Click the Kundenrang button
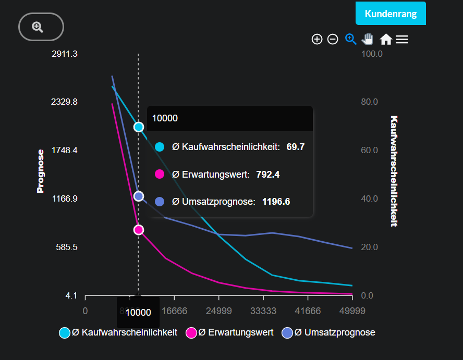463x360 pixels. [391, 14]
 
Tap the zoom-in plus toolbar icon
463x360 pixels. [317, 39]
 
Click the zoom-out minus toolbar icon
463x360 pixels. [333, 39]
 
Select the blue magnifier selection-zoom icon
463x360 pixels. [350, 39]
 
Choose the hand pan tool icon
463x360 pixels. [368, 39]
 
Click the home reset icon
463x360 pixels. [386, 39]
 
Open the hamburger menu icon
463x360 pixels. [401, 39]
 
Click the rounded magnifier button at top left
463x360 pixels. [41, 27]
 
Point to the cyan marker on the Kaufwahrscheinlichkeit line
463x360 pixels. [139, 127]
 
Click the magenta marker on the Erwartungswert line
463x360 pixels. [139, 230]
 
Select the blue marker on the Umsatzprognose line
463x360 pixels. [139, 196]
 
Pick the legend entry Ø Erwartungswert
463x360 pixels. [230, 332]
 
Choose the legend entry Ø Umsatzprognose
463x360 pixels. [329, 332]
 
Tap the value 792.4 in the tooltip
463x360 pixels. [268, 174]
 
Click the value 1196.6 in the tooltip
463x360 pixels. [276, 201]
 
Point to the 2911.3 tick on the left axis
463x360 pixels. [65, 54]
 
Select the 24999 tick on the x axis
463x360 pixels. [219, 311]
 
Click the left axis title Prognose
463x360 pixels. [41, 171]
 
